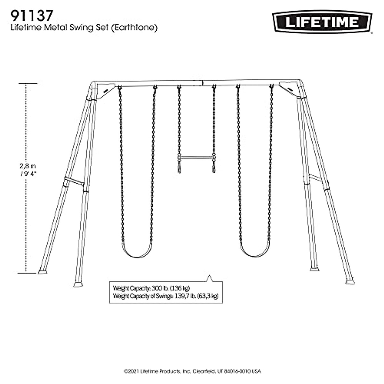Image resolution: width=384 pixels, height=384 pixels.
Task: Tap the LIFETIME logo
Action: point(322,22)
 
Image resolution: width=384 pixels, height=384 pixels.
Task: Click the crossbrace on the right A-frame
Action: point(316,178)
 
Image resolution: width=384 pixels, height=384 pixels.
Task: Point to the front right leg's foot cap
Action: point(350,282)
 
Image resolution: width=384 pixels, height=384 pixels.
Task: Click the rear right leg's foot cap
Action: point(315,269)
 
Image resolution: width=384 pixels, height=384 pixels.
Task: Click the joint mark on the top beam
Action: point(202,83)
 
